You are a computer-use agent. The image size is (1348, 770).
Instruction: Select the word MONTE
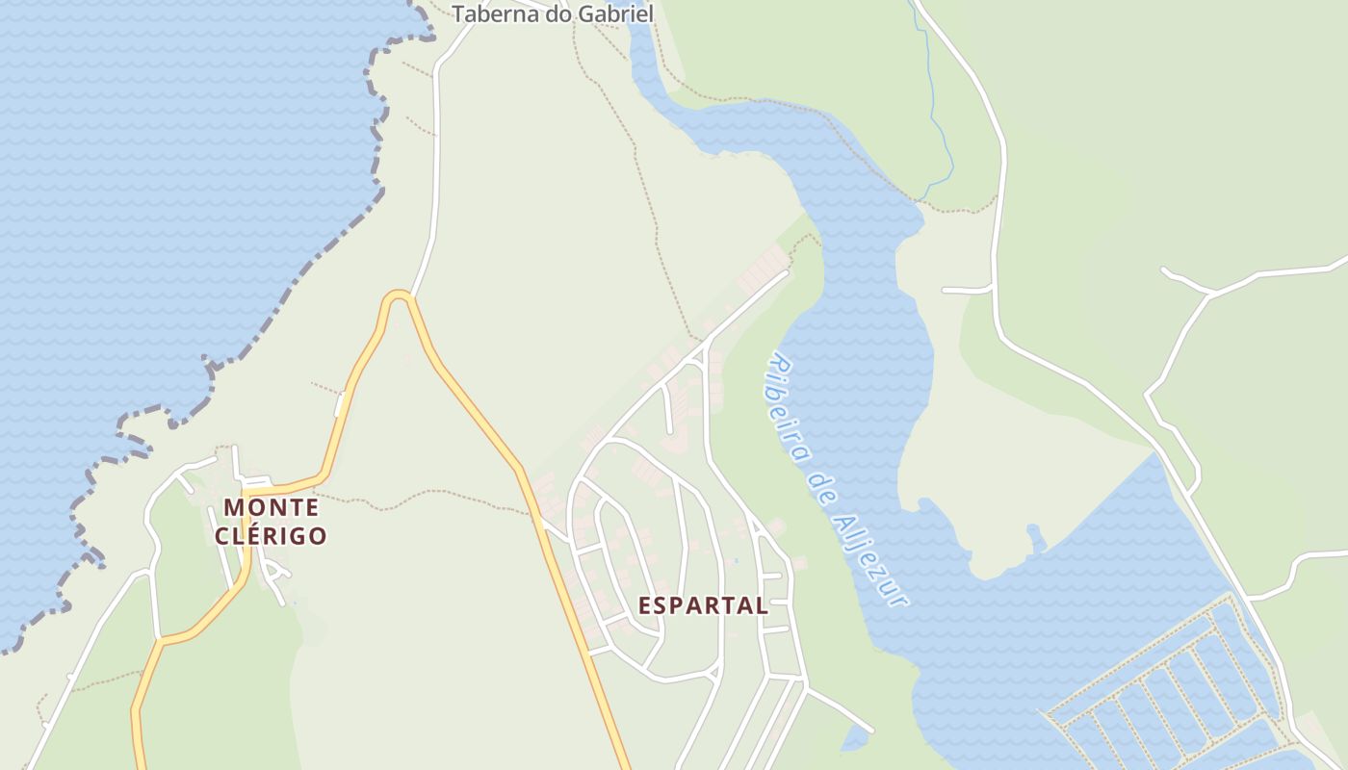(x=271, y=507)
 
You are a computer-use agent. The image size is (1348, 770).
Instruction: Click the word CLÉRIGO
(x=271, y=536)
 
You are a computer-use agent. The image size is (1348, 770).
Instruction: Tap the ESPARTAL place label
(x=704, y=605)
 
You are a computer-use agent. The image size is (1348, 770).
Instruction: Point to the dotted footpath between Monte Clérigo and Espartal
(x=424, y=497)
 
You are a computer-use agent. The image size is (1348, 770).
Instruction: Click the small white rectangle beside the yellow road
(x=339, y=405)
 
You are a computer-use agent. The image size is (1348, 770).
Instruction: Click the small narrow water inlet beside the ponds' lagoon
(x=1036, y=539)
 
